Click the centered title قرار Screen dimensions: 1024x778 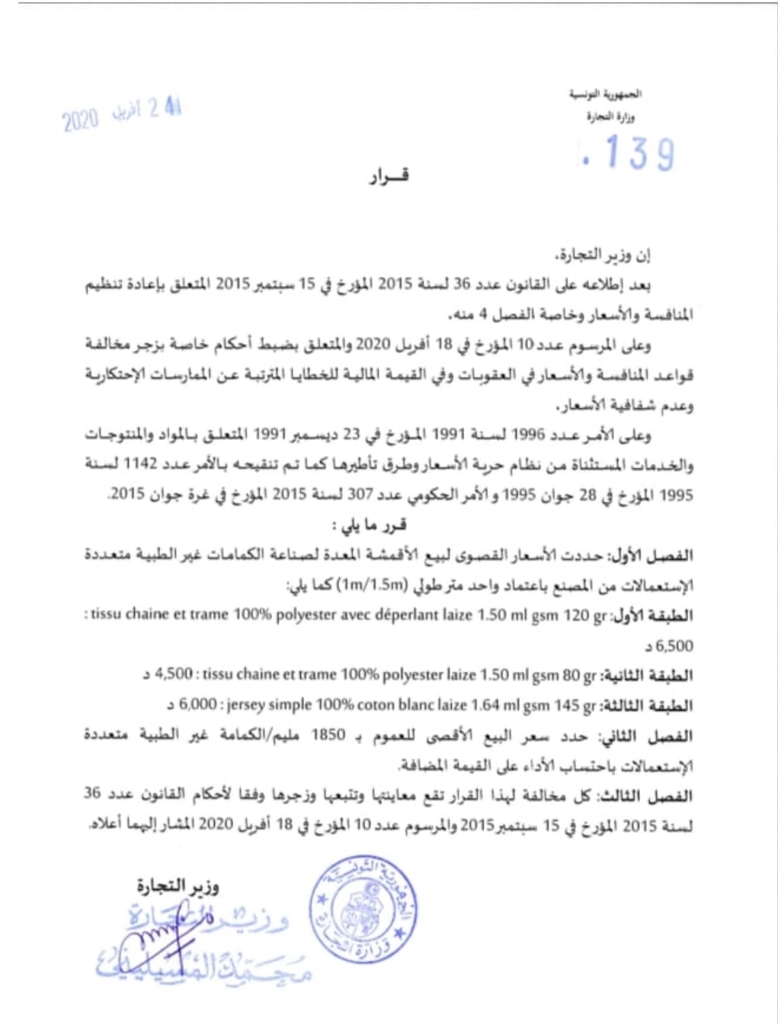tap(389, 177)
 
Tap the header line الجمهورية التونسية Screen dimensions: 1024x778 tap(606, 95)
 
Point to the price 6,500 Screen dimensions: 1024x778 tap(674, 647)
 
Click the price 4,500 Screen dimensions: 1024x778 tap(174, 674)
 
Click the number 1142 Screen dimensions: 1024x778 tap(140, 465)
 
